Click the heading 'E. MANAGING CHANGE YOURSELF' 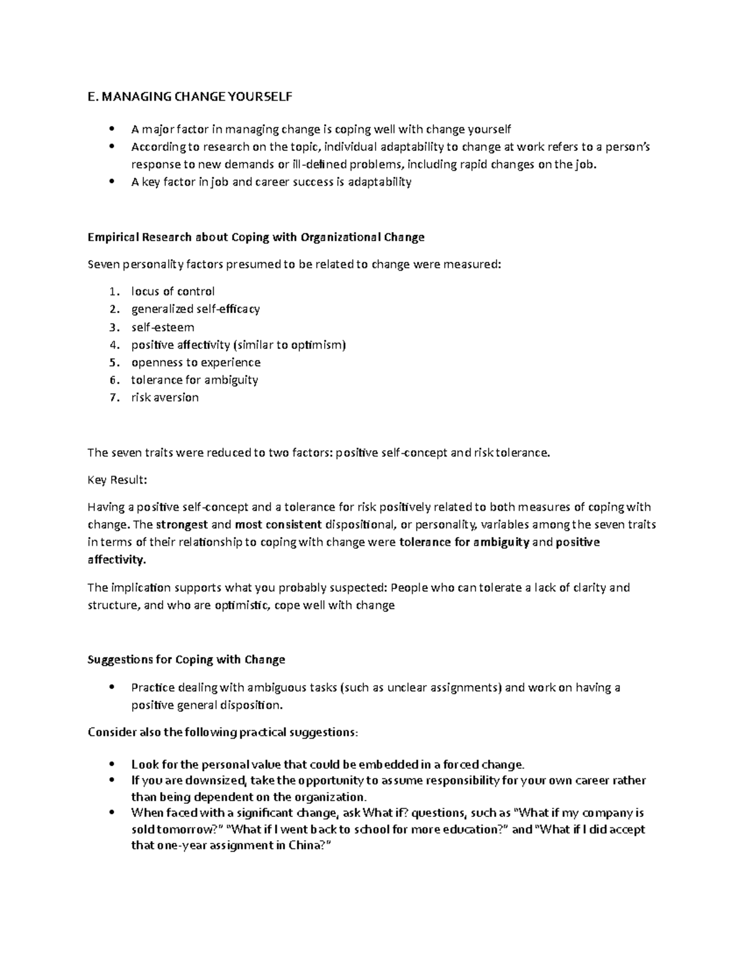189,97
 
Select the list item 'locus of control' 173,291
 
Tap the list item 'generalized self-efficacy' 195,309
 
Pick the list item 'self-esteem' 162,327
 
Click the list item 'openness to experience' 196,362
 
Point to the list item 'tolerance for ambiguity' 194,379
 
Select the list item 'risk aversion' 165,397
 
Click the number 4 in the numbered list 112,345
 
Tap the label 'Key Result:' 117,480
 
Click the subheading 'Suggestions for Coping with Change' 186,659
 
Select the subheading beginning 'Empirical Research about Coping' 256,237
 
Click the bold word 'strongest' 182,525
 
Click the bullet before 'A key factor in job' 112,182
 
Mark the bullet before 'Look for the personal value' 112,764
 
